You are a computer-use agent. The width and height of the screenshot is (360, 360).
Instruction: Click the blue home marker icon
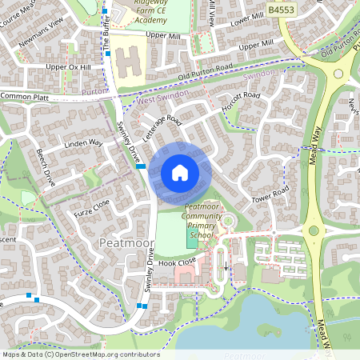180,173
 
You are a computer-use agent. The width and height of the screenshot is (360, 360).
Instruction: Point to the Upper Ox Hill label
69,67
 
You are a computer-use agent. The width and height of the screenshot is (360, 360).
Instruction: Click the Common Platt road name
25,96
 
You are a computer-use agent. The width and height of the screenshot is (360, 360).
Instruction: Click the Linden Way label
83,145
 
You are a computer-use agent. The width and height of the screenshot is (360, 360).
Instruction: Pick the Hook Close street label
177,262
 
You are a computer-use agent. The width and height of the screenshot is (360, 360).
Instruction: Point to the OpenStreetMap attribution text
80,354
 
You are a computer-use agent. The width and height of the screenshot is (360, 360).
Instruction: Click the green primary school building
194,237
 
